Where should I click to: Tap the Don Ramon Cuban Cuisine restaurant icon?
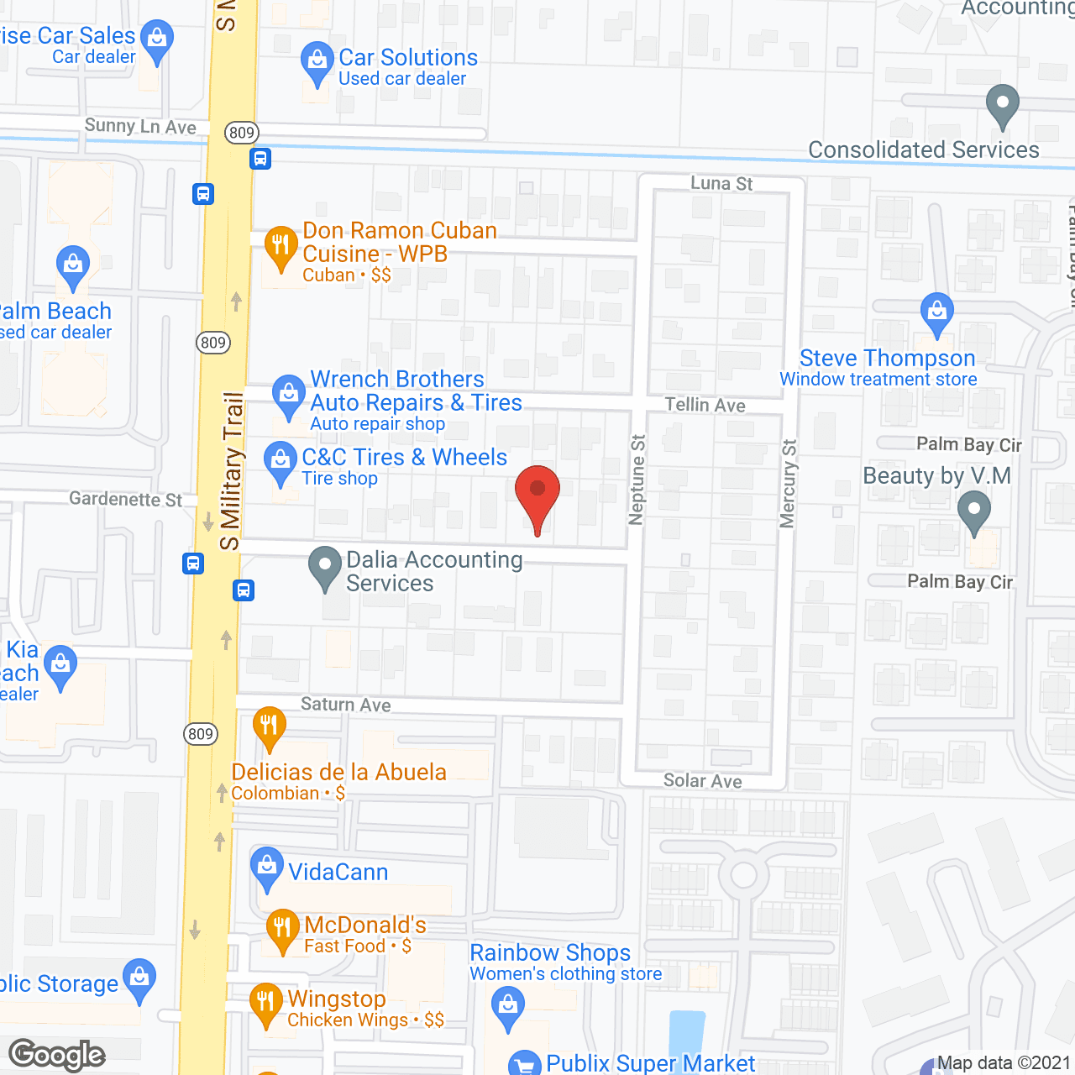281,244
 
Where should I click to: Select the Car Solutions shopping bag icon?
317,60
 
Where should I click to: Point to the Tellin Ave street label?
705,405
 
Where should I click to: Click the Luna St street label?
721,183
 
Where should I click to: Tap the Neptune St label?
637,480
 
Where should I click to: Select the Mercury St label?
788,484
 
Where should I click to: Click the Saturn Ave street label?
346,705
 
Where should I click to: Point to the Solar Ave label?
703,781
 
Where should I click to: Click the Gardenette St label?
125,499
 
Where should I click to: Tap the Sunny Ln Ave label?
140,126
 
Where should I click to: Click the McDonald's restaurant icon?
282,928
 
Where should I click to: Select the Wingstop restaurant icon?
265,1002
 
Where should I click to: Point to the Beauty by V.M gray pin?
973,510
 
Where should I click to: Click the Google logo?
57,1055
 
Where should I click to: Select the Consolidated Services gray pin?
1002,104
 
